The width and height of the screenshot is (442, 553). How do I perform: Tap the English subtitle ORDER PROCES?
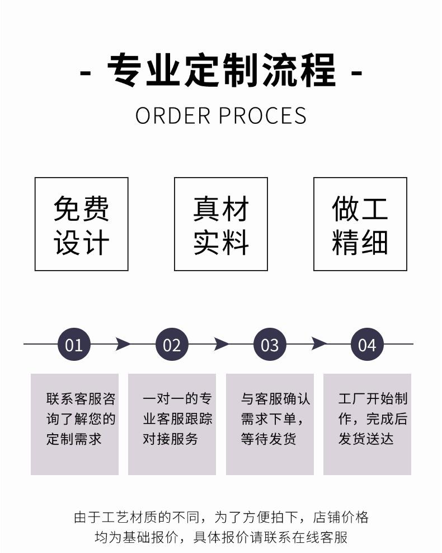(x=221, y=115)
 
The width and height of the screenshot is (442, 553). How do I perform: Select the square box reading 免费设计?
(x=81, y=224)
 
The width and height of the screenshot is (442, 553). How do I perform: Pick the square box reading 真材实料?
(x=221, y=224)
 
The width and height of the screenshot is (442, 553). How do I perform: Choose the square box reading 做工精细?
(x=360, y=224)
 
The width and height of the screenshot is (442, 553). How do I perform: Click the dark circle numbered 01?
(x=74, y=344)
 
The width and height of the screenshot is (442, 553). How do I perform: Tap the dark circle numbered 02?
(x=172, y=344)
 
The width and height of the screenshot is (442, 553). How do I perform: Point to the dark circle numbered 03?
(x=270, y=344)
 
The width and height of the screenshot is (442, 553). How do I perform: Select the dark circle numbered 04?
(x=367, y=344)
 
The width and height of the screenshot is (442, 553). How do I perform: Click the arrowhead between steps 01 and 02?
(x=123, y=344)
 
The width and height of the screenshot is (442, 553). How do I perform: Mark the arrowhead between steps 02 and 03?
(x=220, y=344)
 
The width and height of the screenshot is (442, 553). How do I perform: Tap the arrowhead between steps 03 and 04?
(x=318, y=344)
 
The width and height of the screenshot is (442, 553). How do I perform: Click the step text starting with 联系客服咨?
(x=81, y=419)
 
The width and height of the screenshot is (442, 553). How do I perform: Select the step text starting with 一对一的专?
(x=177, y=419)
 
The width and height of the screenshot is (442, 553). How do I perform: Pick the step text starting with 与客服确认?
(x=275, y=419)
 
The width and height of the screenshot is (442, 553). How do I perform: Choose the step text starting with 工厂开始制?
(x=373, y=419)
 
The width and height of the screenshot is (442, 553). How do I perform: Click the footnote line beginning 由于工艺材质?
(x=221, y=517)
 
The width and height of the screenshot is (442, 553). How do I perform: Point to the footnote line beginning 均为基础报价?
(x=221, y=537)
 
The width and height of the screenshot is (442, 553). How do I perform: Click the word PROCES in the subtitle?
(x=262, y=115)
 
